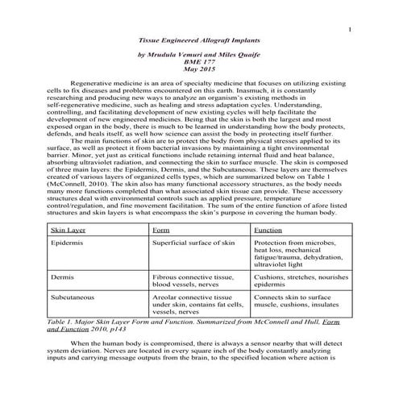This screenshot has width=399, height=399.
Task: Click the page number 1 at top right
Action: pos(352,31)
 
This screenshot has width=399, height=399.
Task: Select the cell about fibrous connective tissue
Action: pos(193,280)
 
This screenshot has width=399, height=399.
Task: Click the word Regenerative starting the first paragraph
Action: pos(91,83)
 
